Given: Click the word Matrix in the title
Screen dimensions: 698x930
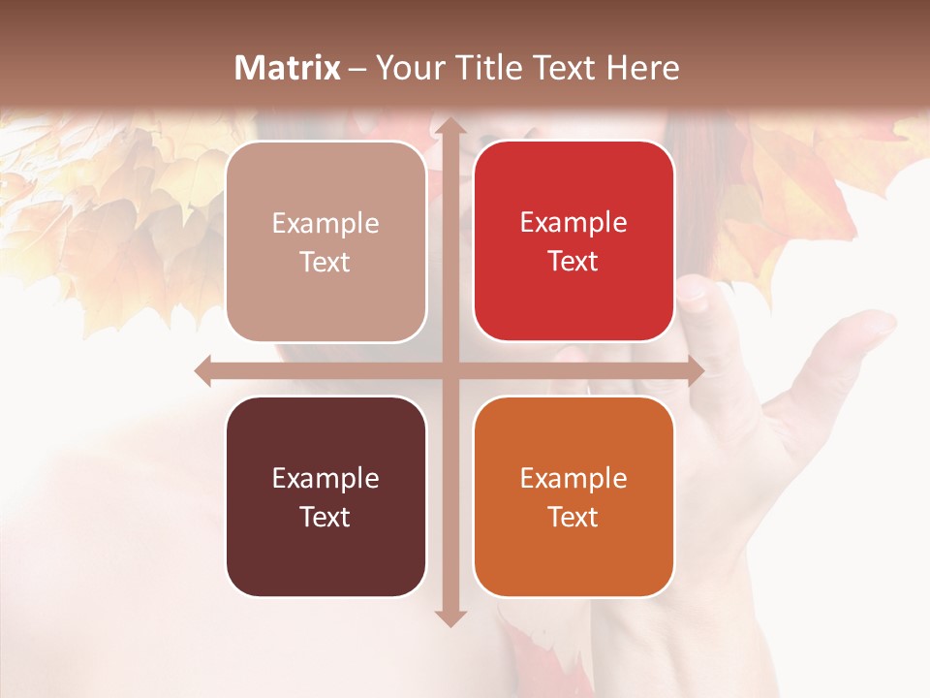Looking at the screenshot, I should pos(288,68).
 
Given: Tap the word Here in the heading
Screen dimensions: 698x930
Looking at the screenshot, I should pos(643,68).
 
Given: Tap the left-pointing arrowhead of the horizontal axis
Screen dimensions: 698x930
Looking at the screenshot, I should pos(204,370).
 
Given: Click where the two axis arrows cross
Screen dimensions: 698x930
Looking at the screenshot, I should pos(449,370).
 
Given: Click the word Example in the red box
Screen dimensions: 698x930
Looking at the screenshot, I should pos(573,222).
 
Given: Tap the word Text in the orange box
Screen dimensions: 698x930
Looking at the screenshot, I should pos(573,517).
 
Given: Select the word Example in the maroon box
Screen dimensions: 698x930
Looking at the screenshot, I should pos(325,478).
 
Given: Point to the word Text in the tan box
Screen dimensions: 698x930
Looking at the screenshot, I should pos(325,262).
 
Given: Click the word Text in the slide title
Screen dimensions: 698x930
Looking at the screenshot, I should pos(563,68).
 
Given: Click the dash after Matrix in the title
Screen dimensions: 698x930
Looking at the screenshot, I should pos(357,69).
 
